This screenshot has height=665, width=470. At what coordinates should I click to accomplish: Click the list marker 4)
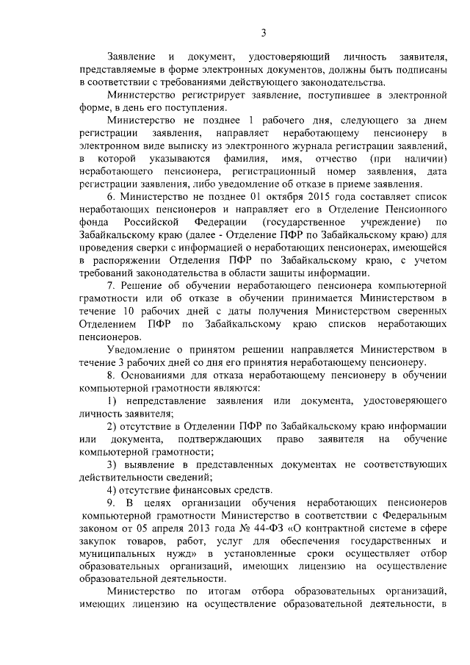112,490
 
